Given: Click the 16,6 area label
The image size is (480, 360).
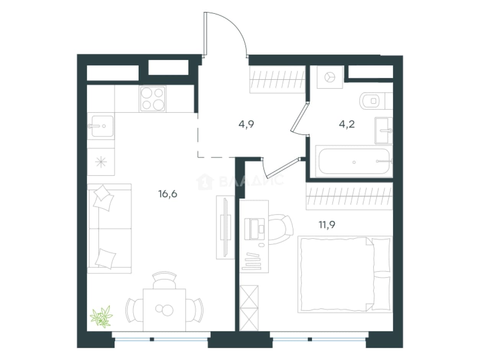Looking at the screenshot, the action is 168,194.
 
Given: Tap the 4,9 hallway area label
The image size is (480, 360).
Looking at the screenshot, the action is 246,124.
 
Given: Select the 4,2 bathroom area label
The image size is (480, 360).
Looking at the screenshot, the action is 347,124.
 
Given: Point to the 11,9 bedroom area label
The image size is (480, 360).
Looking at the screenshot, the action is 327,225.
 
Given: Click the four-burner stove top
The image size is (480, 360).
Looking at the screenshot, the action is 153,99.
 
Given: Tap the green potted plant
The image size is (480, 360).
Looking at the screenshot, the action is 101,316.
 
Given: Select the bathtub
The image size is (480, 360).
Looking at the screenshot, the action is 354,161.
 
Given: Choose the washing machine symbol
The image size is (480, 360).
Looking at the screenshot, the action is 330,77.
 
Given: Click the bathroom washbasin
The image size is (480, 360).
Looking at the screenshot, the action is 384,131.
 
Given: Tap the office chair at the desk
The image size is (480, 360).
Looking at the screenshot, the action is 281,230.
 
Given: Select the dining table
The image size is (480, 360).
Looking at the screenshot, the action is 164,310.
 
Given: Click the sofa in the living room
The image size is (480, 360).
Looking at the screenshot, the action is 109,229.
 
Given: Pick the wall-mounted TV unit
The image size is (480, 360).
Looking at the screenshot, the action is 225,227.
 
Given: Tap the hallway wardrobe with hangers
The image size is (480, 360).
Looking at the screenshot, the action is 278,79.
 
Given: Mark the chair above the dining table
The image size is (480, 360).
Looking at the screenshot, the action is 165,280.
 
